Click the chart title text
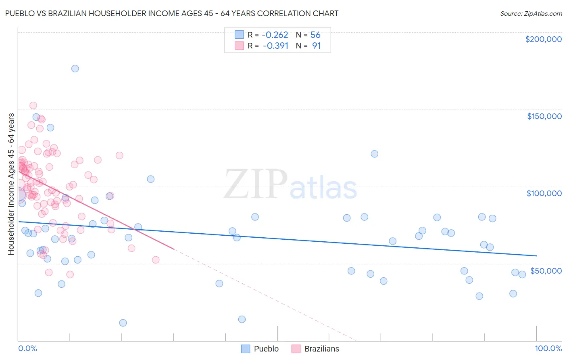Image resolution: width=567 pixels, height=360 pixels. point(172,13)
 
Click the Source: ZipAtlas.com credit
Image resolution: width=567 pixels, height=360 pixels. point(531,13)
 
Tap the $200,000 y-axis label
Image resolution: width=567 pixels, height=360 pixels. point(543,39)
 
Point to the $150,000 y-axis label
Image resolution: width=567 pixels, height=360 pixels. point(544,116)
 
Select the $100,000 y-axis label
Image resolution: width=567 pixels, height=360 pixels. point(544,193)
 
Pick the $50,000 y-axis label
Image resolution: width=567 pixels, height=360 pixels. point(546,270)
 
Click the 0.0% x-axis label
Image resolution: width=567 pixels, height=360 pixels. point(27,348)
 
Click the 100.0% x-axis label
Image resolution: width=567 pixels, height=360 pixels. point(548,348)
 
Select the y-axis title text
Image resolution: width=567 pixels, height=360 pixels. point(11,184)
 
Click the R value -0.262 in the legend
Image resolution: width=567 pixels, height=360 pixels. point(275,35)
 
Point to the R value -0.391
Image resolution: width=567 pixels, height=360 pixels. point(275,46)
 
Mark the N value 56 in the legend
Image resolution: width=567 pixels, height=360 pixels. point(315,35)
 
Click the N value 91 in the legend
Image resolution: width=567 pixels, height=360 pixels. point(316,46)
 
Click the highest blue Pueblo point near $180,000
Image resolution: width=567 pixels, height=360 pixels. point(75,69)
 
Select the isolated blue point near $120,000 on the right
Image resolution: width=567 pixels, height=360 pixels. point(374,154)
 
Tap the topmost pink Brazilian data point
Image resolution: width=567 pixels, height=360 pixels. point(33,105)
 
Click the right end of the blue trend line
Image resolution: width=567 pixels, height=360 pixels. point(536,255)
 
